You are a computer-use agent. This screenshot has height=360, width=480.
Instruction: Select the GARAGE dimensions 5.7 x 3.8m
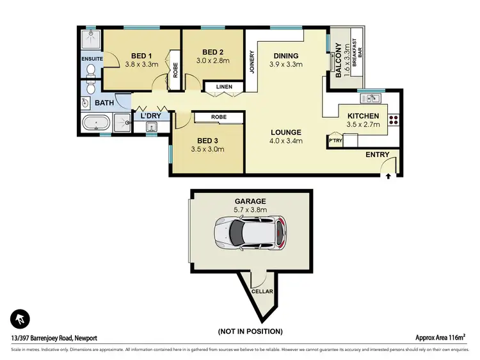point(251,209)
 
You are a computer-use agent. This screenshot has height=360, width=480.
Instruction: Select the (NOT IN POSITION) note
point(251,331)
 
